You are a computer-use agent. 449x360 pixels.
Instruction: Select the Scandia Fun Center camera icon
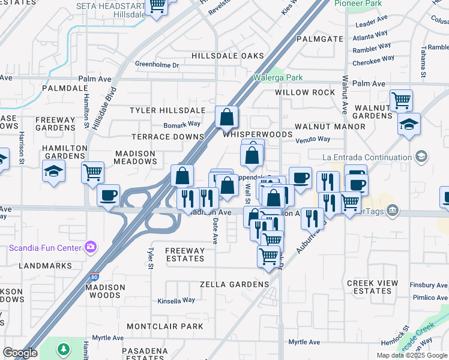tap(91, 247)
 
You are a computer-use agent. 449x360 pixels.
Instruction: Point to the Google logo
tap(20, 353)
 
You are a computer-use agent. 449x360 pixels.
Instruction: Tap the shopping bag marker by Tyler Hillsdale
tap(227, 117)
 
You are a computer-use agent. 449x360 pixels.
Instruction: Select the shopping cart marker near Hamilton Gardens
tap(92, 173)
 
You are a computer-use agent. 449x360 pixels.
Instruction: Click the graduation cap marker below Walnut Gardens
tap(409, 124)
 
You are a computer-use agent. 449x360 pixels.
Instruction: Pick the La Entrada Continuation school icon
tap(422, 157)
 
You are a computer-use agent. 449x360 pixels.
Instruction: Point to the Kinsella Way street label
tap(176, 301)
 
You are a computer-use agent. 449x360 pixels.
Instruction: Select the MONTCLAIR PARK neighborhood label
tap(165, 326)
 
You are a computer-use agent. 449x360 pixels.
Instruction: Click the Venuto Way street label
tap(313, 139)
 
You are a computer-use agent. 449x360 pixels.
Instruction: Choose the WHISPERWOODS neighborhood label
tap(258, 135)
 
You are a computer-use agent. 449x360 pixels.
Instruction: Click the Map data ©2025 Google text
tap(412, 355)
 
